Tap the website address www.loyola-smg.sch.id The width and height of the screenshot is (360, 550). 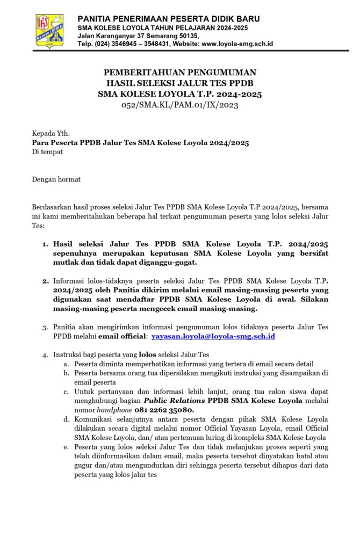click(237, 44)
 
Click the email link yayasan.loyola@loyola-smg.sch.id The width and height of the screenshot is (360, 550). click(213, 336)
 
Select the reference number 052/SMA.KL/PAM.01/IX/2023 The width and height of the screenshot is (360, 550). click(179, 105)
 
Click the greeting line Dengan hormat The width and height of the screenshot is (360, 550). click(56, 179)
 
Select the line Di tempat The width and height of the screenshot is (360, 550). click(47, 151)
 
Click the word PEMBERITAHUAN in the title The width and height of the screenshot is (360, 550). click(141, 73)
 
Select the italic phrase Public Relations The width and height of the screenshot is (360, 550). click(175, 401)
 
